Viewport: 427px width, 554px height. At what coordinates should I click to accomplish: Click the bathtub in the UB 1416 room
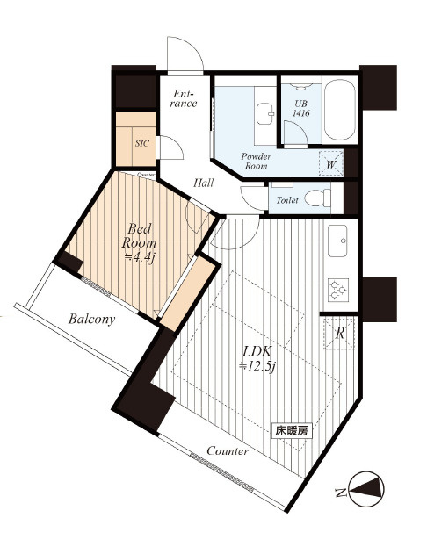(339, 110)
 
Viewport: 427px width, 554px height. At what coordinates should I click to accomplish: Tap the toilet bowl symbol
(317, 198)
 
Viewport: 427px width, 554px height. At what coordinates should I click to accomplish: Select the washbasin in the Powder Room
(265, 114)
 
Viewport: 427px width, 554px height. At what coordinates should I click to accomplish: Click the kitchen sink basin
(337, 241)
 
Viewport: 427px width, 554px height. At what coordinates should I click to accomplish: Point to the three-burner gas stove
(338, 290)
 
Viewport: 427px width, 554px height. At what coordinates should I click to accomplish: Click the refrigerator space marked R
(339, 333)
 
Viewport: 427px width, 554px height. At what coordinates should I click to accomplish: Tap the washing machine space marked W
(331, 163)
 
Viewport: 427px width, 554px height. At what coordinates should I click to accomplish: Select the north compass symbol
(365, 489)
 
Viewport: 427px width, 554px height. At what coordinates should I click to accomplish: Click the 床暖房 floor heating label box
(292, 431)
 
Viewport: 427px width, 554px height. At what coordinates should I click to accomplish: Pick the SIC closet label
(142, 143)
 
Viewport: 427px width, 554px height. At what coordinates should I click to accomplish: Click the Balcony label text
(92, 319)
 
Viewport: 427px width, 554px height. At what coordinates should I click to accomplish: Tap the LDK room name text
(257, 351)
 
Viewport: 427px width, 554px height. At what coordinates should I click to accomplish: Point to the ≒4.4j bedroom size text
(140, 257)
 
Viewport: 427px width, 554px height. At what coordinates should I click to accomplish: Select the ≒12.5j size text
(257, 366)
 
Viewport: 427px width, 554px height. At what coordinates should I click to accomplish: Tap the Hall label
(203, 183)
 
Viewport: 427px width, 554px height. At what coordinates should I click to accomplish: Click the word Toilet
(287, 200)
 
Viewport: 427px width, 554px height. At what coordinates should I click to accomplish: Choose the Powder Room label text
(257, 162)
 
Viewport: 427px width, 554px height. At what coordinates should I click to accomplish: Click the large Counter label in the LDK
(228, 450)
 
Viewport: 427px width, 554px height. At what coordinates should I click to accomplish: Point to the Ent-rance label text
(184, 98)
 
